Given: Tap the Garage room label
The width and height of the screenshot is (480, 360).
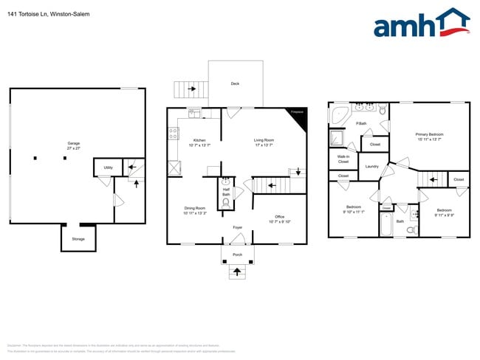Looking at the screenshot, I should pos(73,145).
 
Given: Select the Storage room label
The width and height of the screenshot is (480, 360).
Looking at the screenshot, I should pos(78,238).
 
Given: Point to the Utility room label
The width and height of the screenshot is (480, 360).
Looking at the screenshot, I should pos(108,168).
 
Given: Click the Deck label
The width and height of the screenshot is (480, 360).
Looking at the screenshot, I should pos(235,84).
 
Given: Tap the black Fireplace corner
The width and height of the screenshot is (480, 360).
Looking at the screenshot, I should pos(299,116).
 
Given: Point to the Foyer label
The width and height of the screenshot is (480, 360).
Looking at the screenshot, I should pos(237,227).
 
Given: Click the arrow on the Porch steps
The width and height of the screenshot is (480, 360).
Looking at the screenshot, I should pos(237,272).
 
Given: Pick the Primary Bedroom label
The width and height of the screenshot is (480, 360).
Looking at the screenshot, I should pos(428,136).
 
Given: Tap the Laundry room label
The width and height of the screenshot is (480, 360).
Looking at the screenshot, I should pos(371,166).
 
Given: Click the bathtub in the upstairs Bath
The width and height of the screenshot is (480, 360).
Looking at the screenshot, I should pos(386,224).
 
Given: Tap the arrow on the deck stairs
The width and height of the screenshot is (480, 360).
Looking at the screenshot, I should pos(191,89).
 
